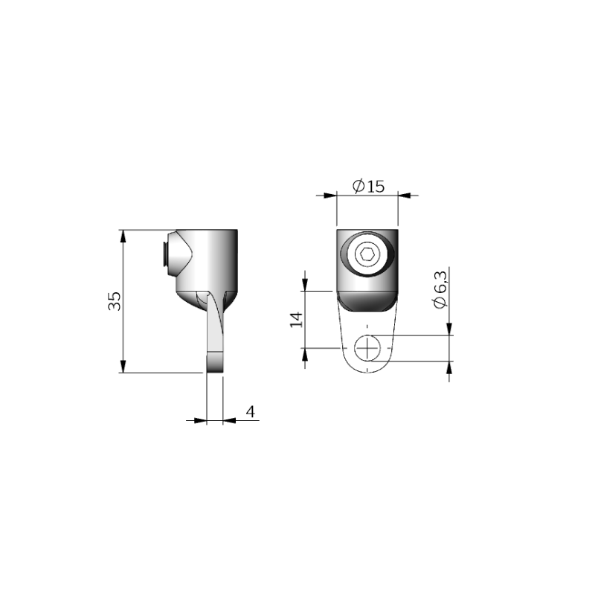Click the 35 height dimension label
(115, 301)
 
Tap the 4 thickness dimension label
(251, 411)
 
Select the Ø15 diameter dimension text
(368, 186)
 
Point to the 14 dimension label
(296, 320)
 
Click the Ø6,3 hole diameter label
(440, 289)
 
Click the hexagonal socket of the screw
(367, 254)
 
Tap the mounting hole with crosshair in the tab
(367, 348)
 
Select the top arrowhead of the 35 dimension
(123, 236)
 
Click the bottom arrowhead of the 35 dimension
(123, 366)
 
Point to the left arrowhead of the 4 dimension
(200, 420)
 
